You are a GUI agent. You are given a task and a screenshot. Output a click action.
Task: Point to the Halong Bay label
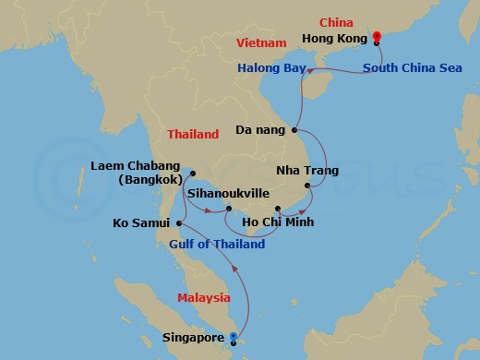(270, 68)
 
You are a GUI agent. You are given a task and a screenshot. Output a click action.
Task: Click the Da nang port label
(260, 131)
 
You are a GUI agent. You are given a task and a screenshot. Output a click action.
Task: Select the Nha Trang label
(307, 171)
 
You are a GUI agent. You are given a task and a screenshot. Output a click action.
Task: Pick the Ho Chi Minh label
(277, 222)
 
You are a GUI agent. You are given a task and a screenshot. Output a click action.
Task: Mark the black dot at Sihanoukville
(229, 210)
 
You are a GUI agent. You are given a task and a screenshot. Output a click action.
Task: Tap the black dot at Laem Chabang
(192, 173)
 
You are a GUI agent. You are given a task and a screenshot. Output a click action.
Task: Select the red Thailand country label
(193, 134)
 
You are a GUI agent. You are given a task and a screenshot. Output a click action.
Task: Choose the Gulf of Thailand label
(217, 245)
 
